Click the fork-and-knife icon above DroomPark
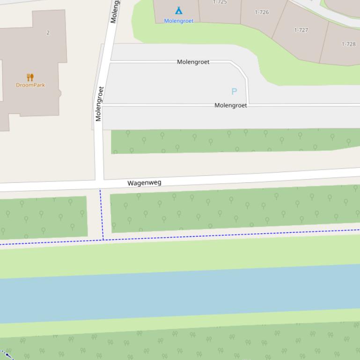[x=30, y=77]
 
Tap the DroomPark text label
[x=30, y=85]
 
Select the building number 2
[x=48, y=32]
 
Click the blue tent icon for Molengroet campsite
[x=178, y=10]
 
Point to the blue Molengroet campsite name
[x=178, y=21]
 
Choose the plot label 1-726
[x=262, y=12]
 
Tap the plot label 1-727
[x=301, y=30]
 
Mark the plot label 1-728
[x=348, y=44]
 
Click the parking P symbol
[x=234, y=91]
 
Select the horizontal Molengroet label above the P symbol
[x=193, y=62]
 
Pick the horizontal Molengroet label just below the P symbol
[x=230, y=105]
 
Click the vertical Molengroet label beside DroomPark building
[x=99, y=104]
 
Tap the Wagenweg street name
[x=144, y=183]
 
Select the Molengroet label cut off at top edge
[x=114, y=12]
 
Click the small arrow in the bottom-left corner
[x=7, y=354]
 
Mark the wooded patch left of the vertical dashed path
[x=43, y=217]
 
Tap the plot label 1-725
[x=220, y=2]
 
